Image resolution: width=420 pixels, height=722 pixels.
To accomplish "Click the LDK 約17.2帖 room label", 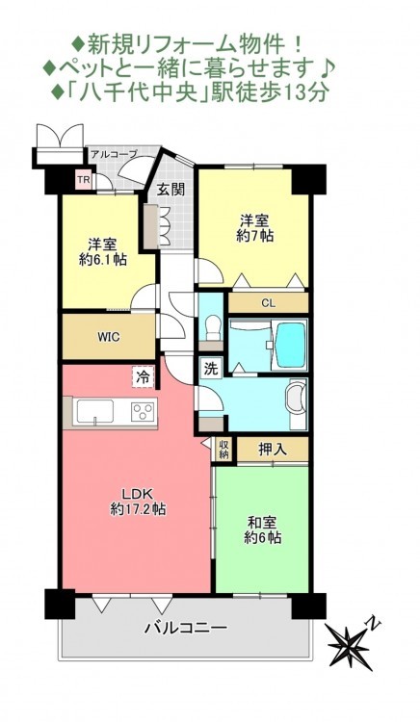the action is (138, 501).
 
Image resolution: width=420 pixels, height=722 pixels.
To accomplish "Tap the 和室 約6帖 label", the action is (262, 530).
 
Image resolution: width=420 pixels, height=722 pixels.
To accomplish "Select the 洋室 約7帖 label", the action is (254, 228).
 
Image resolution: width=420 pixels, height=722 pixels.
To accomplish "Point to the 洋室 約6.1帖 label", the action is (103, 251).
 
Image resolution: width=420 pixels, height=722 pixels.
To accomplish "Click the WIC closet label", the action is (109, 337).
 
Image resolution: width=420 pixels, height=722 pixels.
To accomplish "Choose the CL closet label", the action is (268, 303).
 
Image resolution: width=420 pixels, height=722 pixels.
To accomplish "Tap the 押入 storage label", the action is (273, 450).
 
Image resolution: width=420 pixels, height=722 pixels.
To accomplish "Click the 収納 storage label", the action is (223, 450).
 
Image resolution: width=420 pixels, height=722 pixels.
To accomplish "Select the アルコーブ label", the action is (114, 154).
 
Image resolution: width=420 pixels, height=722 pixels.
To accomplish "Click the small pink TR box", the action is (84, 180).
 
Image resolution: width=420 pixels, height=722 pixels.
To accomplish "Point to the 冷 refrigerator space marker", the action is (143, 378).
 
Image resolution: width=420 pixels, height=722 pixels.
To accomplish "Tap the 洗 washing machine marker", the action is (210, 369).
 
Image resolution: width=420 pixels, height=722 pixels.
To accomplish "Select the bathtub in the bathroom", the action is (289, 344).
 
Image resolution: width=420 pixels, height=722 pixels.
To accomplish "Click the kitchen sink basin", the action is (95, 411).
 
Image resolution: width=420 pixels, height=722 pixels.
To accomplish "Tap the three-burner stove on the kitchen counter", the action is (144, 411).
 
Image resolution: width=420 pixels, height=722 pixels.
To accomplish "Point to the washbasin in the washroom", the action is (295, 400).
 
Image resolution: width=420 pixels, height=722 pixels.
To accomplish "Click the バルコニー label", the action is (186, 627).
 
